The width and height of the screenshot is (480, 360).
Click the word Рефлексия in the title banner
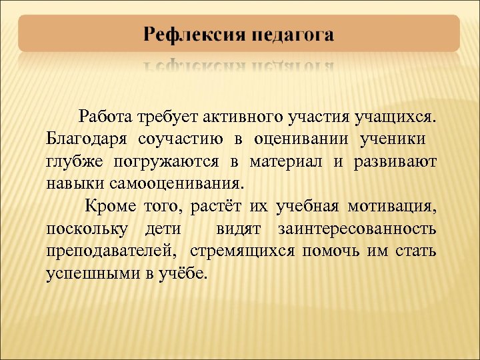(193, 35)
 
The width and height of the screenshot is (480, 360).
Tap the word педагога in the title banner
(293, 35)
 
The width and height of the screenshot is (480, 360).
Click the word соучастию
(179, 141)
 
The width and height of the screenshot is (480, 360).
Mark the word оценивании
(303, 141)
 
